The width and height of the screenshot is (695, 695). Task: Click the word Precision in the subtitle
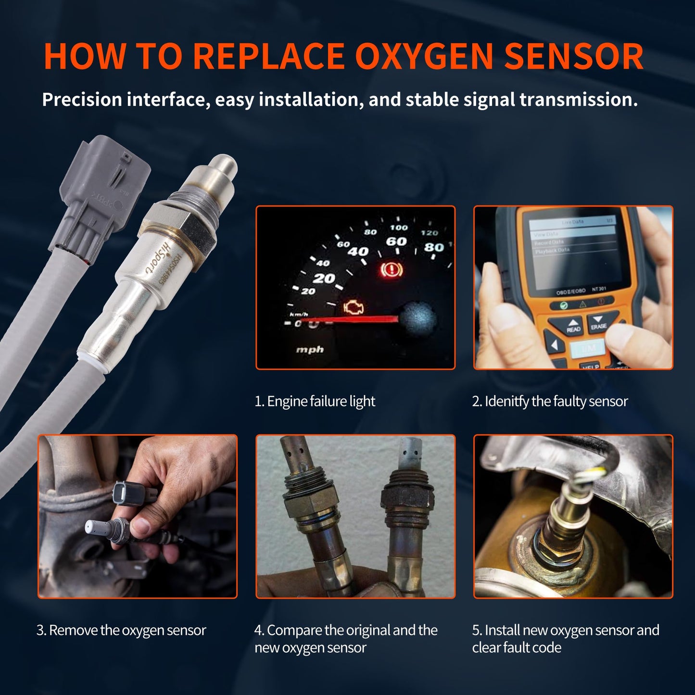point(82,100)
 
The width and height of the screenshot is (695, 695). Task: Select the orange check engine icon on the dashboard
point(354,308)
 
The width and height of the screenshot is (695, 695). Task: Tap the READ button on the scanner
point(573,326)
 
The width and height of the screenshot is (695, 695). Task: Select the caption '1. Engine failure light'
point(315,401)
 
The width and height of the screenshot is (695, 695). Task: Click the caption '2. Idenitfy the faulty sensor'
point(550,401)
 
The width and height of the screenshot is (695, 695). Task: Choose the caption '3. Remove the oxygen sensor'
point(121,630)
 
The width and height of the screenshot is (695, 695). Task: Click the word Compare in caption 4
point(294,630)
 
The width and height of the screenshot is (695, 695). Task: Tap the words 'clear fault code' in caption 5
point(517,647)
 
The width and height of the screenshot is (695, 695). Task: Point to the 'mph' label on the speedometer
point(310,350)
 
